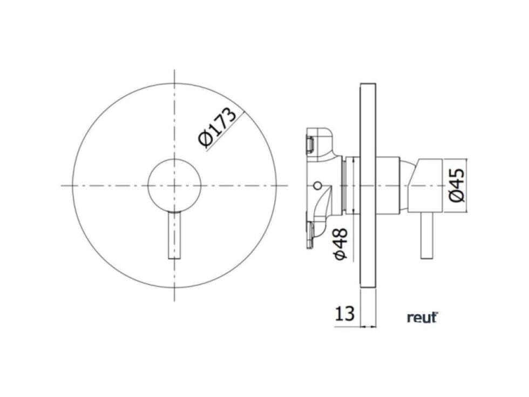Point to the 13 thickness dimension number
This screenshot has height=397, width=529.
click(344, 313)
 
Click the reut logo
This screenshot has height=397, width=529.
click(422, 318)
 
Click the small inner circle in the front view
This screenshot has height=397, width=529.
click(174, 185)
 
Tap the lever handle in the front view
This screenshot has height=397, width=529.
click(174, 235)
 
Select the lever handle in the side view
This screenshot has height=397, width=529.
click(427, 236)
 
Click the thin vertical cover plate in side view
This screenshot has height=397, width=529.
click(368, 185)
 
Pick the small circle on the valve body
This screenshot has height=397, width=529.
click(317, 185)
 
